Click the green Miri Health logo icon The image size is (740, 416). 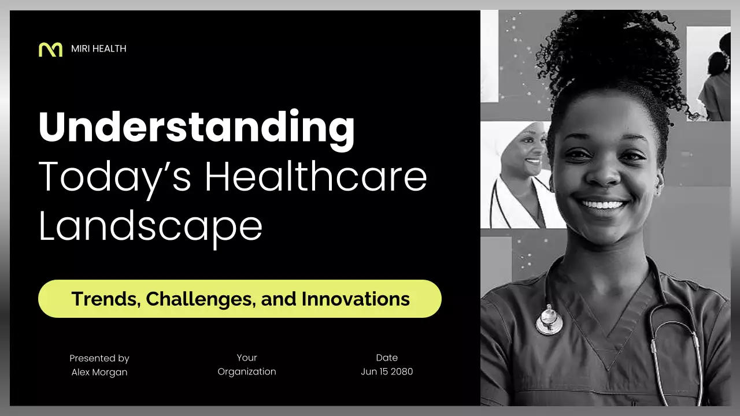point(50,49)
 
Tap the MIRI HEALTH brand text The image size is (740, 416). point(98,49)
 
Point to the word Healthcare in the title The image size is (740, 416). point(316,177)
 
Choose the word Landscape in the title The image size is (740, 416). point(150,226)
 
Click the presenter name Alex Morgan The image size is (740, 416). point(99,372)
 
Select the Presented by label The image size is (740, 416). point(99,358)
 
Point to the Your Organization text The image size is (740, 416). point(247,365)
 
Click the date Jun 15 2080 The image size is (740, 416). point(387,372)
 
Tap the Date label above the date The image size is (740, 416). point(387,358)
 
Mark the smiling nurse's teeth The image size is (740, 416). point(603,205)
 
